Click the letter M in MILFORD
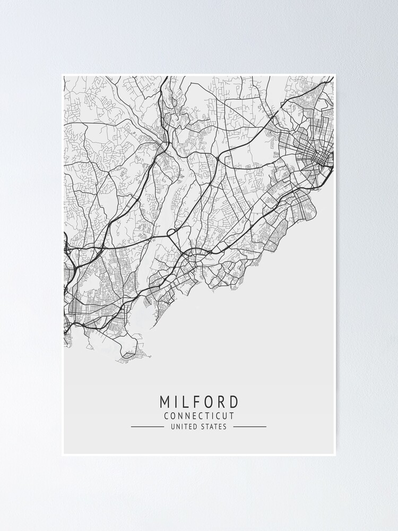coord(164,401)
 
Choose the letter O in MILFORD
coord(212,401)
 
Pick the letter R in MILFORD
coord(225,401)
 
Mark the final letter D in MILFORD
coord(237,401)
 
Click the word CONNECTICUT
coord(199,416)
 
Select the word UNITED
coord(182,426)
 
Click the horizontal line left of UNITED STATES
coord(148,426)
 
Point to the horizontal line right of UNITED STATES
coord(249,426)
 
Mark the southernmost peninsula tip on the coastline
coord(129,354)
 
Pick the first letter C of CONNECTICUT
coord(167,416)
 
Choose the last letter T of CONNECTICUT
coord(231,416)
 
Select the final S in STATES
coord(225,426)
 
